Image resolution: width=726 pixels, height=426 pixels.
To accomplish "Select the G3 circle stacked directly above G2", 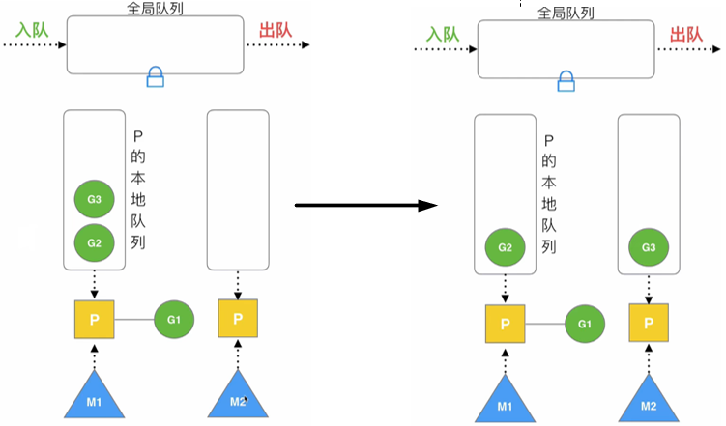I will coord(94,200).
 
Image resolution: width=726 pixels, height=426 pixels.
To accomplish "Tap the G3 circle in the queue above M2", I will coord(649,248).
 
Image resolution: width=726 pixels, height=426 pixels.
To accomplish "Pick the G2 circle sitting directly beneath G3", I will coord(94,241).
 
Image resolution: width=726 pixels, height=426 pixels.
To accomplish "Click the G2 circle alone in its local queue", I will coord(505,247).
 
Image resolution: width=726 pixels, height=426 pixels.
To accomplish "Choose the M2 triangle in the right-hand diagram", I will coord(649,398).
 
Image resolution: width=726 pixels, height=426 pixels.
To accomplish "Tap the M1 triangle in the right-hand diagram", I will coord(505,398).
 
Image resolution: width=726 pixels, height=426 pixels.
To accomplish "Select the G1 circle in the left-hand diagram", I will coord(173,318).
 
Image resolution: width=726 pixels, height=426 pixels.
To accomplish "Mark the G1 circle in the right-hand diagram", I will coord(585,323).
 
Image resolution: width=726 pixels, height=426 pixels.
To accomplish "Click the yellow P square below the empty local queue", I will coord(237,318).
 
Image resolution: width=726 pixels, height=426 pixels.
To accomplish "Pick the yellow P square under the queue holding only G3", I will coord(649,323).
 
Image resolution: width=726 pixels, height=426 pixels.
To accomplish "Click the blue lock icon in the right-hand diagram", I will coord(566,81).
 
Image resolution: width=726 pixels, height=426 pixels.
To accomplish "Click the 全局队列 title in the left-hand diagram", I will coord(154,8).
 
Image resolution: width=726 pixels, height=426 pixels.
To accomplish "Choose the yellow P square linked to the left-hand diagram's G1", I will coord(94,318).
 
